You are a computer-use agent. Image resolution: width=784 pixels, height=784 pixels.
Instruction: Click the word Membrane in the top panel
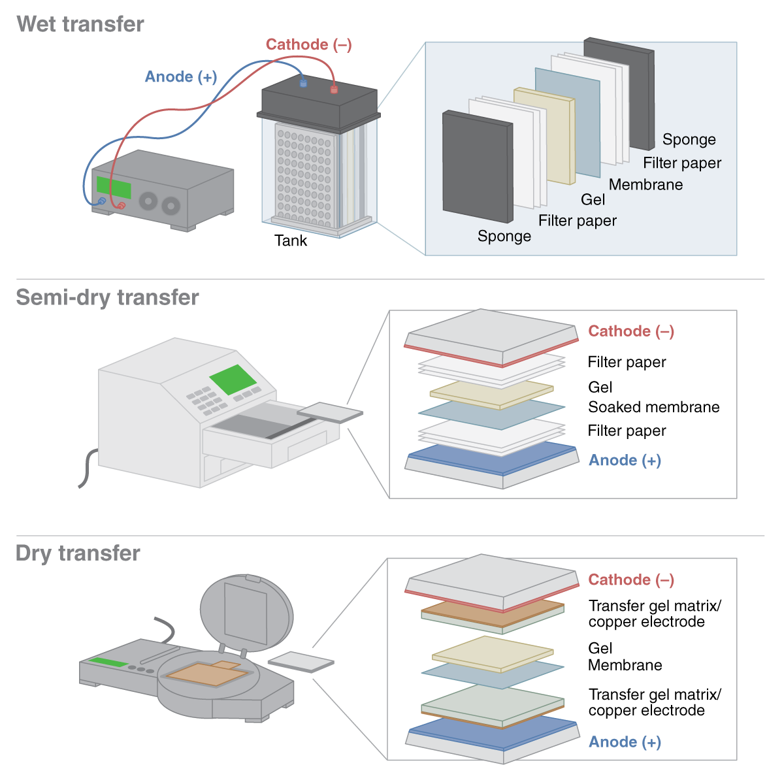pos(645,185)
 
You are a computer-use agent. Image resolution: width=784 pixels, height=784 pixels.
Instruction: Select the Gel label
pos(593,200)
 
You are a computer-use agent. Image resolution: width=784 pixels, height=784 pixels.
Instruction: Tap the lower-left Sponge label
pos(504,237)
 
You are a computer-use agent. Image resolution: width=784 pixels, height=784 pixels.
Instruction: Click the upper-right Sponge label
pos(689,140)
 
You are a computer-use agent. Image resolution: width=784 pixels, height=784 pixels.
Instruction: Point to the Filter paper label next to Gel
pos(577,221)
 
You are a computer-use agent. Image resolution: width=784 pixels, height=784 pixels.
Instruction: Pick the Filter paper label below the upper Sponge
pos(682,163)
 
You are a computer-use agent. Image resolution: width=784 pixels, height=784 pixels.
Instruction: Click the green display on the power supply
pos(113,188)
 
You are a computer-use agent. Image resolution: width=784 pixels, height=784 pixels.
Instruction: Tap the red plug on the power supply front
pos(121,206)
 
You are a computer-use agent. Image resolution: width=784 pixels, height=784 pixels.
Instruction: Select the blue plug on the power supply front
pos(101,202)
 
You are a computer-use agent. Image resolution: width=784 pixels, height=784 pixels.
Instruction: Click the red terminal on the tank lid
pos(334,89)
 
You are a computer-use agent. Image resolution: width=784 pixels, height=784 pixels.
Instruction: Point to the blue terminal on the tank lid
pos(303,83)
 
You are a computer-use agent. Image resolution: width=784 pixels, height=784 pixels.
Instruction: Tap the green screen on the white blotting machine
pos(233,380)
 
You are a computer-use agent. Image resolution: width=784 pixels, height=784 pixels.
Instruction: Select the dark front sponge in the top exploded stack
pos(477,167)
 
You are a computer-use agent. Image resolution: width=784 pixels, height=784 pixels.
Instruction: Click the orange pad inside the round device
pos(206,674)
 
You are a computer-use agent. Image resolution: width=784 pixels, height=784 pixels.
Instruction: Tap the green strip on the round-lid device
pos(108,662)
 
